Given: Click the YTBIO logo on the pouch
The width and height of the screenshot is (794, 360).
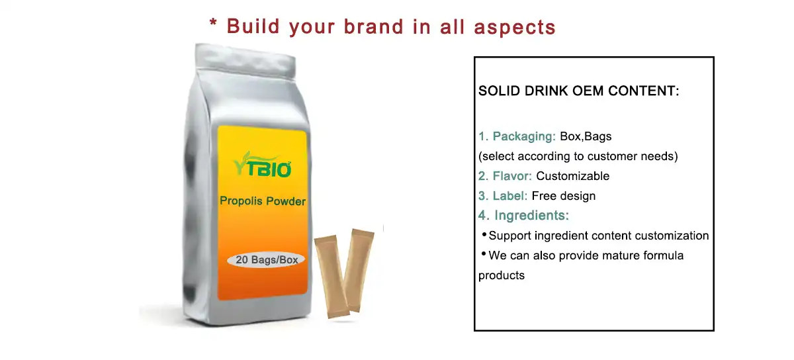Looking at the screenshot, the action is pos(262,164).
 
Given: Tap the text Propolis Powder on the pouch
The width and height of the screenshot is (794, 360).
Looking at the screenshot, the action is pos(262,201).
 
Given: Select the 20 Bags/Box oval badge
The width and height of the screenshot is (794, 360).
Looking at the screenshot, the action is pos(266,260).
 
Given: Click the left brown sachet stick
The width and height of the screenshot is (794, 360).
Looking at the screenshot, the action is pos(331,277).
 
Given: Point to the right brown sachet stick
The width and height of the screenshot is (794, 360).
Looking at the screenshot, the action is pos(359,270).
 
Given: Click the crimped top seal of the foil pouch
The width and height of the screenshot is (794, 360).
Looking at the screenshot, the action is pos(245,61).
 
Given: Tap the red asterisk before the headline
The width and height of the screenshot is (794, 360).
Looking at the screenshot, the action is pos(213,22).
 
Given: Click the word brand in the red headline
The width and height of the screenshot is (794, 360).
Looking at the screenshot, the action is pos(374,27).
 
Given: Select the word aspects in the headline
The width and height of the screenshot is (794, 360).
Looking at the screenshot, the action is pos(515,28).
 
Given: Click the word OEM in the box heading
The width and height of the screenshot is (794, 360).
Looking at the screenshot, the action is pos(588,91).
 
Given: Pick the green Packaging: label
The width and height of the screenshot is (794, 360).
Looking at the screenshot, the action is pos(524,136).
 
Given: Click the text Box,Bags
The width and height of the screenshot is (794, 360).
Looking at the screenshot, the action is pos(586,136).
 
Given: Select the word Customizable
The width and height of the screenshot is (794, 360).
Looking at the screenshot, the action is pos(572,176).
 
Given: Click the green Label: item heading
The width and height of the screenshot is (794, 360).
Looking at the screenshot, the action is pos(509,196).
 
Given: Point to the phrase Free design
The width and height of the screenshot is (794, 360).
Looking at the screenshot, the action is pos(564,196).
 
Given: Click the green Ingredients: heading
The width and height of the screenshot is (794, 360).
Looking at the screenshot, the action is pos(531,216).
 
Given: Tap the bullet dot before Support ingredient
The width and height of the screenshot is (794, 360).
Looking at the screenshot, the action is pos(484,234).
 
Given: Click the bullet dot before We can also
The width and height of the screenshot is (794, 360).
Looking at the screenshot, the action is pos(484,253).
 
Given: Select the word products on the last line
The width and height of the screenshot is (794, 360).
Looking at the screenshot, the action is pos(502,275).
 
